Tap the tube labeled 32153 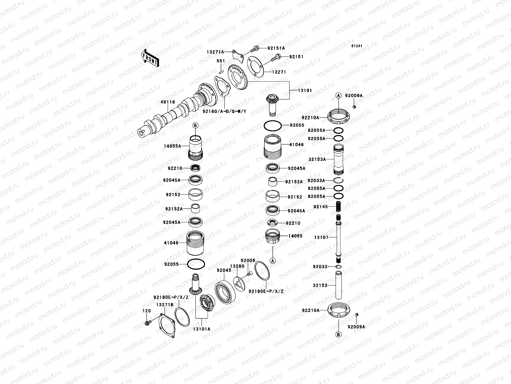click(x=339, y=285)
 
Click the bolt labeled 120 click(x=147, y=323)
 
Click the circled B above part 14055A click(x=195, y=125)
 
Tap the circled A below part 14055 click(x=272, y=261)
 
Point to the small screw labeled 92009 click(x=249, y=273)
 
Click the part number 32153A click(x=317, y=159)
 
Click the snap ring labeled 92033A click(x=339, y=180)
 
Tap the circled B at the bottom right click(x=339, y=334)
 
